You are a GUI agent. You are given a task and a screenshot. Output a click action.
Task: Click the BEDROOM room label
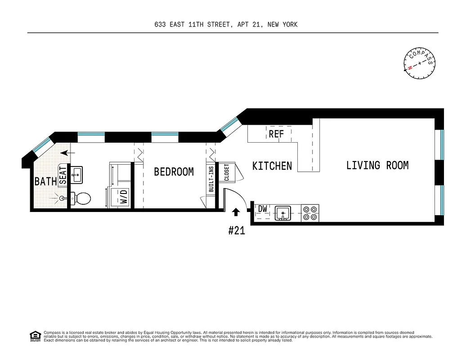pos(174,172)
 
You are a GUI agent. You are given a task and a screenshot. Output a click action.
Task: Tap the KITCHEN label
pos(272,166)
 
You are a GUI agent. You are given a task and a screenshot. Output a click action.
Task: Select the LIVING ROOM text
pos(377,166)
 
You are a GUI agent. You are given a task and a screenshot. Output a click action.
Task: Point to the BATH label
pos(46,182)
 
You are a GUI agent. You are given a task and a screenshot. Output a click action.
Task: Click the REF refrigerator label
pos(276,134)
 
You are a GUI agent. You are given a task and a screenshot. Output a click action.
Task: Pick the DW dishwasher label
pos(263,209)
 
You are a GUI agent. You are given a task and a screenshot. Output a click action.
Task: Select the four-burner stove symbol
pos(310,213)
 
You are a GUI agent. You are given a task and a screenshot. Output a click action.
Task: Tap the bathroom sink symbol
pos(76,175)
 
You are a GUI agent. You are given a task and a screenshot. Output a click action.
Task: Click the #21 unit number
pos(236,231)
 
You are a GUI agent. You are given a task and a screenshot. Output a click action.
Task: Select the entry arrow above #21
pos(236,212)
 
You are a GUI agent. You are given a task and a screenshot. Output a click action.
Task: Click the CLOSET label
pos(226,172)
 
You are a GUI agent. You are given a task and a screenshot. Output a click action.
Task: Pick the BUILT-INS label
pos(211,179)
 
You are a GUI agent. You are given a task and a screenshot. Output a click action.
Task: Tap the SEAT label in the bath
pos(63,175)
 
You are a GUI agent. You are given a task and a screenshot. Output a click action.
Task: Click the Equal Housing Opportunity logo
pos(35,336)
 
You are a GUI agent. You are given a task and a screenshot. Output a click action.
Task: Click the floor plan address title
pos(226,25)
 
